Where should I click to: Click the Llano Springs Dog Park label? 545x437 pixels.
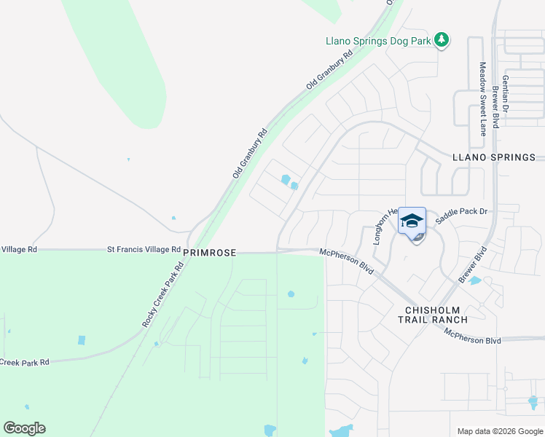tap(378, 41)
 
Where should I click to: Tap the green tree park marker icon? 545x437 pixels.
tap(442, 39)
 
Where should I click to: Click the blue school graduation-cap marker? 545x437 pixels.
tap(412, 221)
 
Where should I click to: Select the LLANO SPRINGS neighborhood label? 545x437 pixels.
tap(494, 157)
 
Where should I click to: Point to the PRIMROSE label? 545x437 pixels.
tap(209, 252)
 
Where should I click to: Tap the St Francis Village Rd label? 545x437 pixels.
tap(144, 249)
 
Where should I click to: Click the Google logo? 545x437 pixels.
tap(24, 428)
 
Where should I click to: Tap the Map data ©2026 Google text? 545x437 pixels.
tap(500, 431)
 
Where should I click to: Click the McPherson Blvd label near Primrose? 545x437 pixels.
tap(347, 261)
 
